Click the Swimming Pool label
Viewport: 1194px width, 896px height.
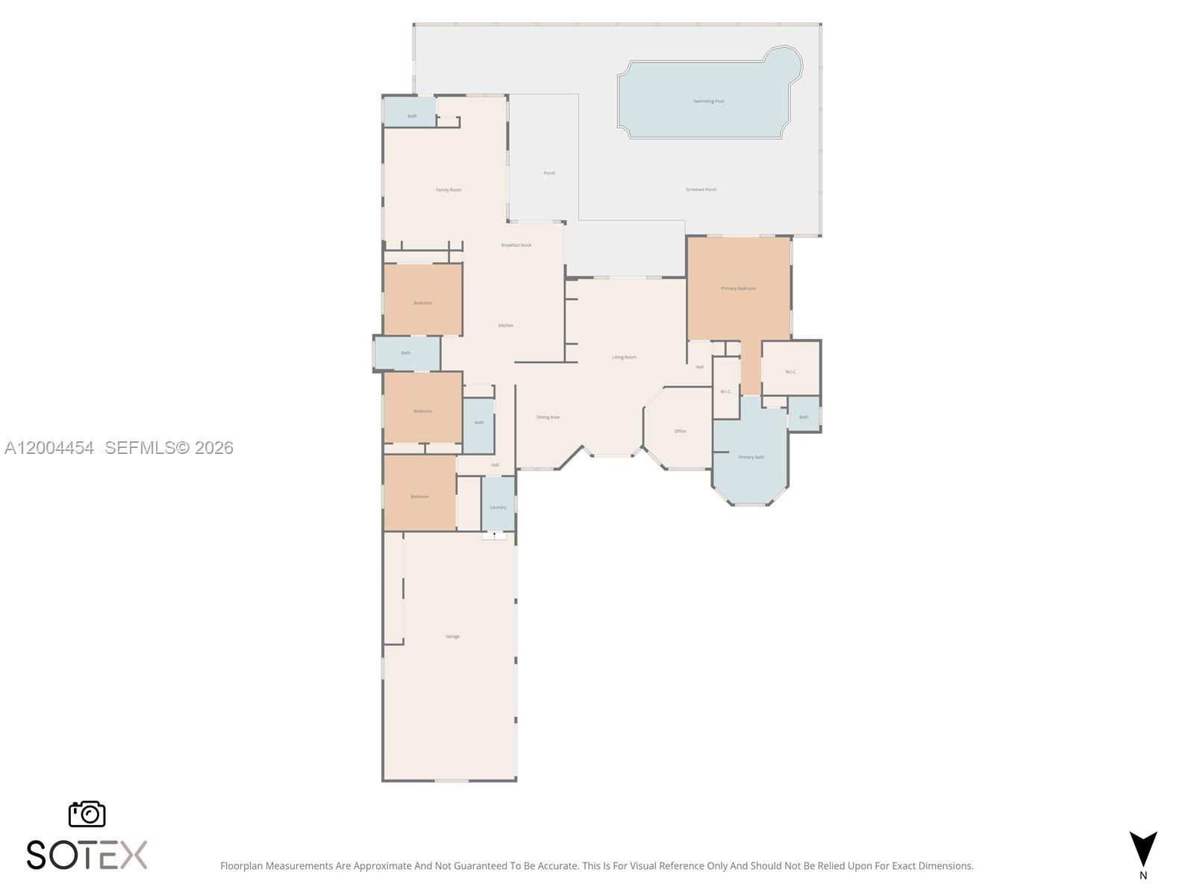708,101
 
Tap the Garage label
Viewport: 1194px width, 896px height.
452,636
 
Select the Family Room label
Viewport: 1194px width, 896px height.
448,190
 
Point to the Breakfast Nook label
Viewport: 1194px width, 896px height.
516,245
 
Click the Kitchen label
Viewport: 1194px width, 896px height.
506,326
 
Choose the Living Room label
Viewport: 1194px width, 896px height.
624,357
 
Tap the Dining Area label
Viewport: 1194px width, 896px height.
548,417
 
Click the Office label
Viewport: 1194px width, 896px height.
680,431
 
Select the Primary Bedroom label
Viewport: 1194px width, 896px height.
738,288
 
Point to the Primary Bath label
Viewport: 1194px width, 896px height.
751,457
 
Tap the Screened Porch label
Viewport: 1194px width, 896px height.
701,190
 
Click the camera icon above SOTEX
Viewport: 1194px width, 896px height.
87,814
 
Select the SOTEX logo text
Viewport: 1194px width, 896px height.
87,855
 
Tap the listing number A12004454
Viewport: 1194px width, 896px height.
49,448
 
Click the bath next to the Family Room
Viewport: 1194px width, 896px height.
411,114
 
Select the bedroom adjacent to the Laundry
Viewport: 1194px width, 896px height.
419,495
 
